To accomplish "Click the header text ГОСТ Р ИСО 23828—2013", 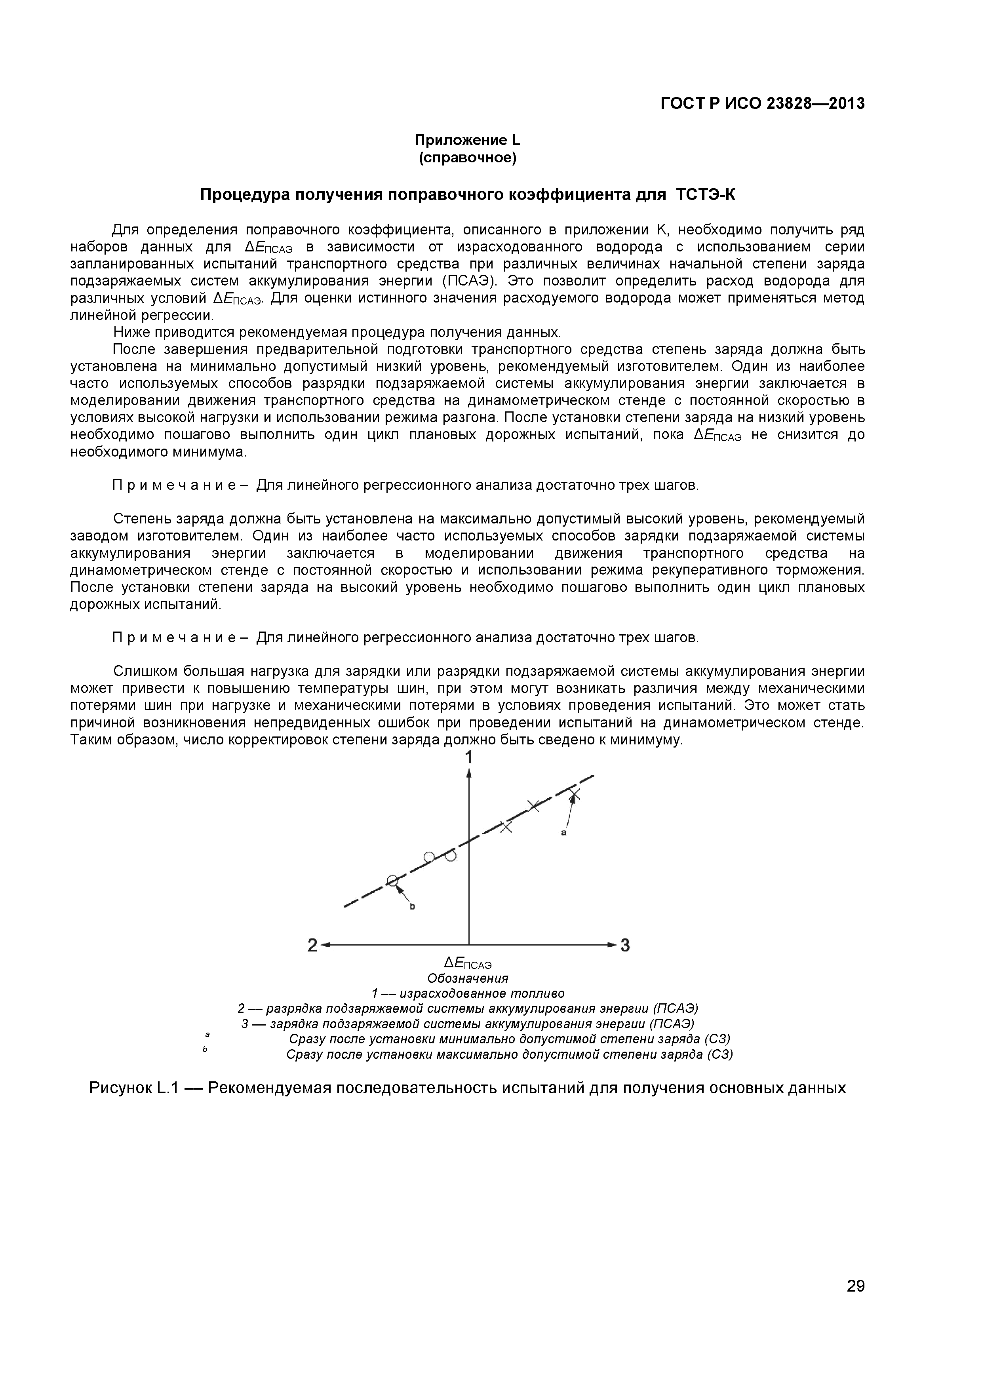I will pos(762,104).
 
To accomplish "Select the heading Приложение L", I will pos(467,140).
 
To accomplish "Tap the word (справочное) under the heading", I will pos(467,158).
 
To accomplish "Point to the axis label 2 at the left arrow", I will pos(312,946).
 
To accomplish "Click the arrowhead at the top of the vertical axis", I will pos(469,774).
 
